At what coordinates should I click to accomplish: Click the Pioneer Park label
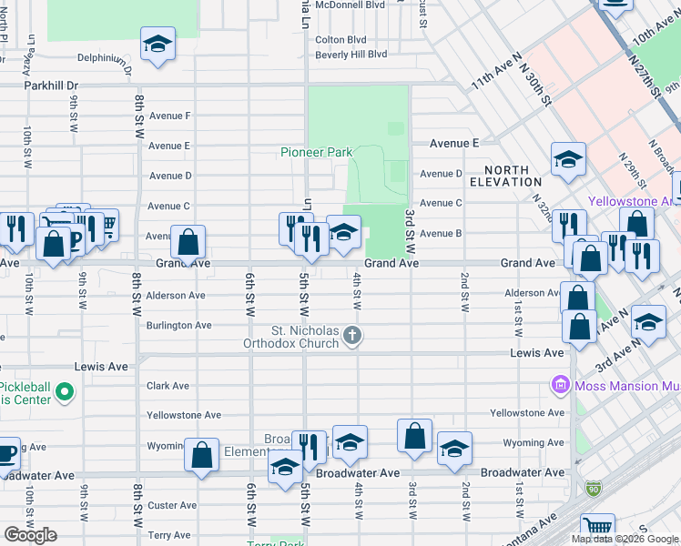coord(315,152)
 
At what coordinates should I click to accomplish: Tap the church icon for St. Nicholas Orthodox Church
coord(353,338)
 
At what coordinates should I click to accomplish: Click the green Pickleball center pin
coord(64,393)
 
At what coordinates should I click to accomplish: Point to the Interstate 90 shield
coord(594,490)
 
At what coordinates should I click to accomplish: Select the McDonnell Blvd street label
coord(351,4)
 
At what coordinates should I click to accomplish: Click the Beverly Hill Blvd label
coord(351,55)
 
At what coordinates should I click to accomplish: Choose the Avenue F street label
coord(169,116)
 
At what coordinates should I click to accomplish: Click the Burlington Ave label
coord(179,325)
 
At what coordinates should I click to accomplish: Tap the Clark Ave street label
coord(168,386)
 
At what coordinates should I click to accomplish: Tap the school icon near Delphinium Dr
coord(158,44)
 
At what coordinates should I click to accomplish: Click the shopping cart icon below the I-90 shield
coord(597,527)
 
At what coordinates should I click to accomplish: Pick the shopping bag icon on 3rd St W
coord(414,436)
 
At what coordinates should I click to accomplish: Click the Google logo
coord(30,535)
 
